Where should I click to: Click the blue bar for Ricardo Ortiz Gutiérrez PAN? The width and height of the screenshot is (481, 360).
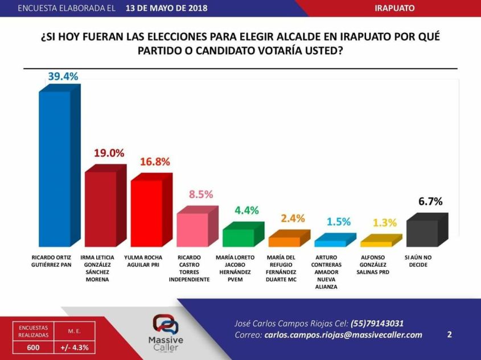[55, 168]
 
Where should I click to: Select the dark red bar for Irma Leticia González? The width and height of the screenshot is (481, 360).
[101, 208]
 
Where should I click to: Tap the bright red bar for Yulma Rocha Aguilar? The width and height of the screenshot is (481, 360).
[147, 213]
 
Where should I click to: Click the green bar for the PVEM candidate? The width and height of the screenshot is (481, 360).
[239, 237]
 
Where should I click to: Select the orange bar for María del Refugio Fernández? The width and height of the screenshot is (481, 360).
[285, 241]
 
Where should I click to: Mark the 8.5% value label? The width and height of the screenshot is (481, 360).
[201, 194]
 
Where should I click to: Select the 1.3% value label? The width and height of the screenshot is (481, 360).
[385, 222]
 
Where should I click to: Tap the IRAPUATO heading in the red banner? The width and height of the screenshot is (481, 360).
[394, 9]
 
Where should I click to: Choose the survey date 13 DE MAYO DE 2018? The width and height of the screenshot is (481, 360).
[166, 9]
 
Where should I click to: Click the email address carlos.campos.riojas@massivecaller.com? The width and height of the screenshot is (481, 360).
[343, 335]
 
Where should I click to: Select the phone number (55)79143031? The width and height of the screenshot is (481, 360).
[373, 323]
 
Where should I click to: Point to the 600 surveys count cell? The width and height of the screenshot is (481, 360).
[29, 346]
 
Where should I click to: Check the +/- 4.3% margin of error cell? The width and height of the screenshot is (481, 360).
[75, 346]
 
